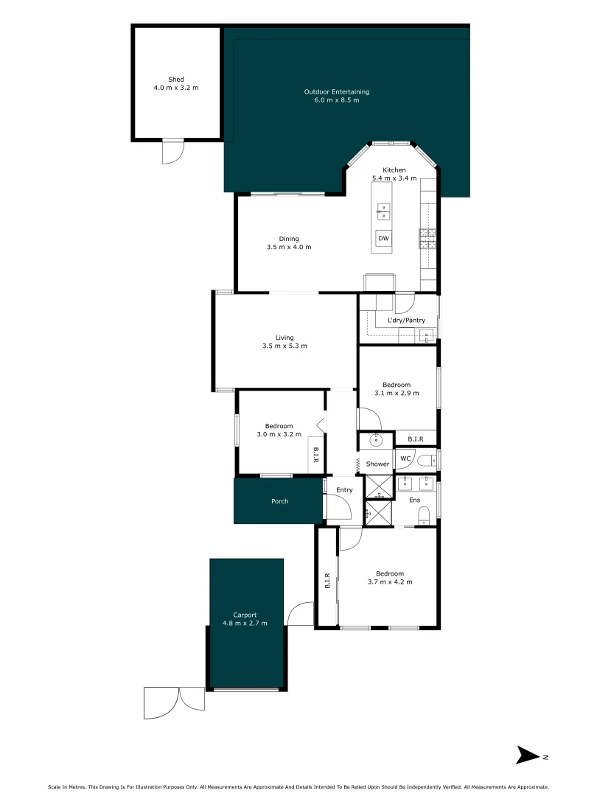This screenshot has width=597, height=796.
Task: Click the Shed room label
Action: tap(175, 79)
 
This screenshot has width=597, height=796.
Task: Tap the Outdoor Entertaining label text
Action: tap(336, 91)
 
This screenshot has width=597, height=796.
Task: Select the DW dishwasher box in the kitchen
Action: tap(383, 238)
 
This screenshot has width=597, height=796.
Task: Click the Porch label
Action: tap(279, 501)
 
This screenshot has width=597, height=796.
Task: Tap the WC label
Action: tap(405, 458)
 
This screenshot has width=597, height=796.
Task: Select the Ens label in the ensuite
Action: tap(415, 500)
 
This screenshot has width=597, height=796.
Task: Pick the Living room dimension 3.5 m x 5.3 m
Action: tap(285, 346)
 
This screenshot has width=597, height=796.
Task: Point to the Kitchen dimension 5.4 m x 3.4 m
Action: tap(394, 178)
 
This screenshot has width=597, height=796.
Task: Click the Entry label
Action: tap(344, 489)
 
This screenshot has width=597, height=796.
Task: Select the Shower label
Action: tap(377, 464)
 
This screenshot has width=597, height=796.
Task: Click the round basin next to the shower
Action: tap(375, 441)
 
